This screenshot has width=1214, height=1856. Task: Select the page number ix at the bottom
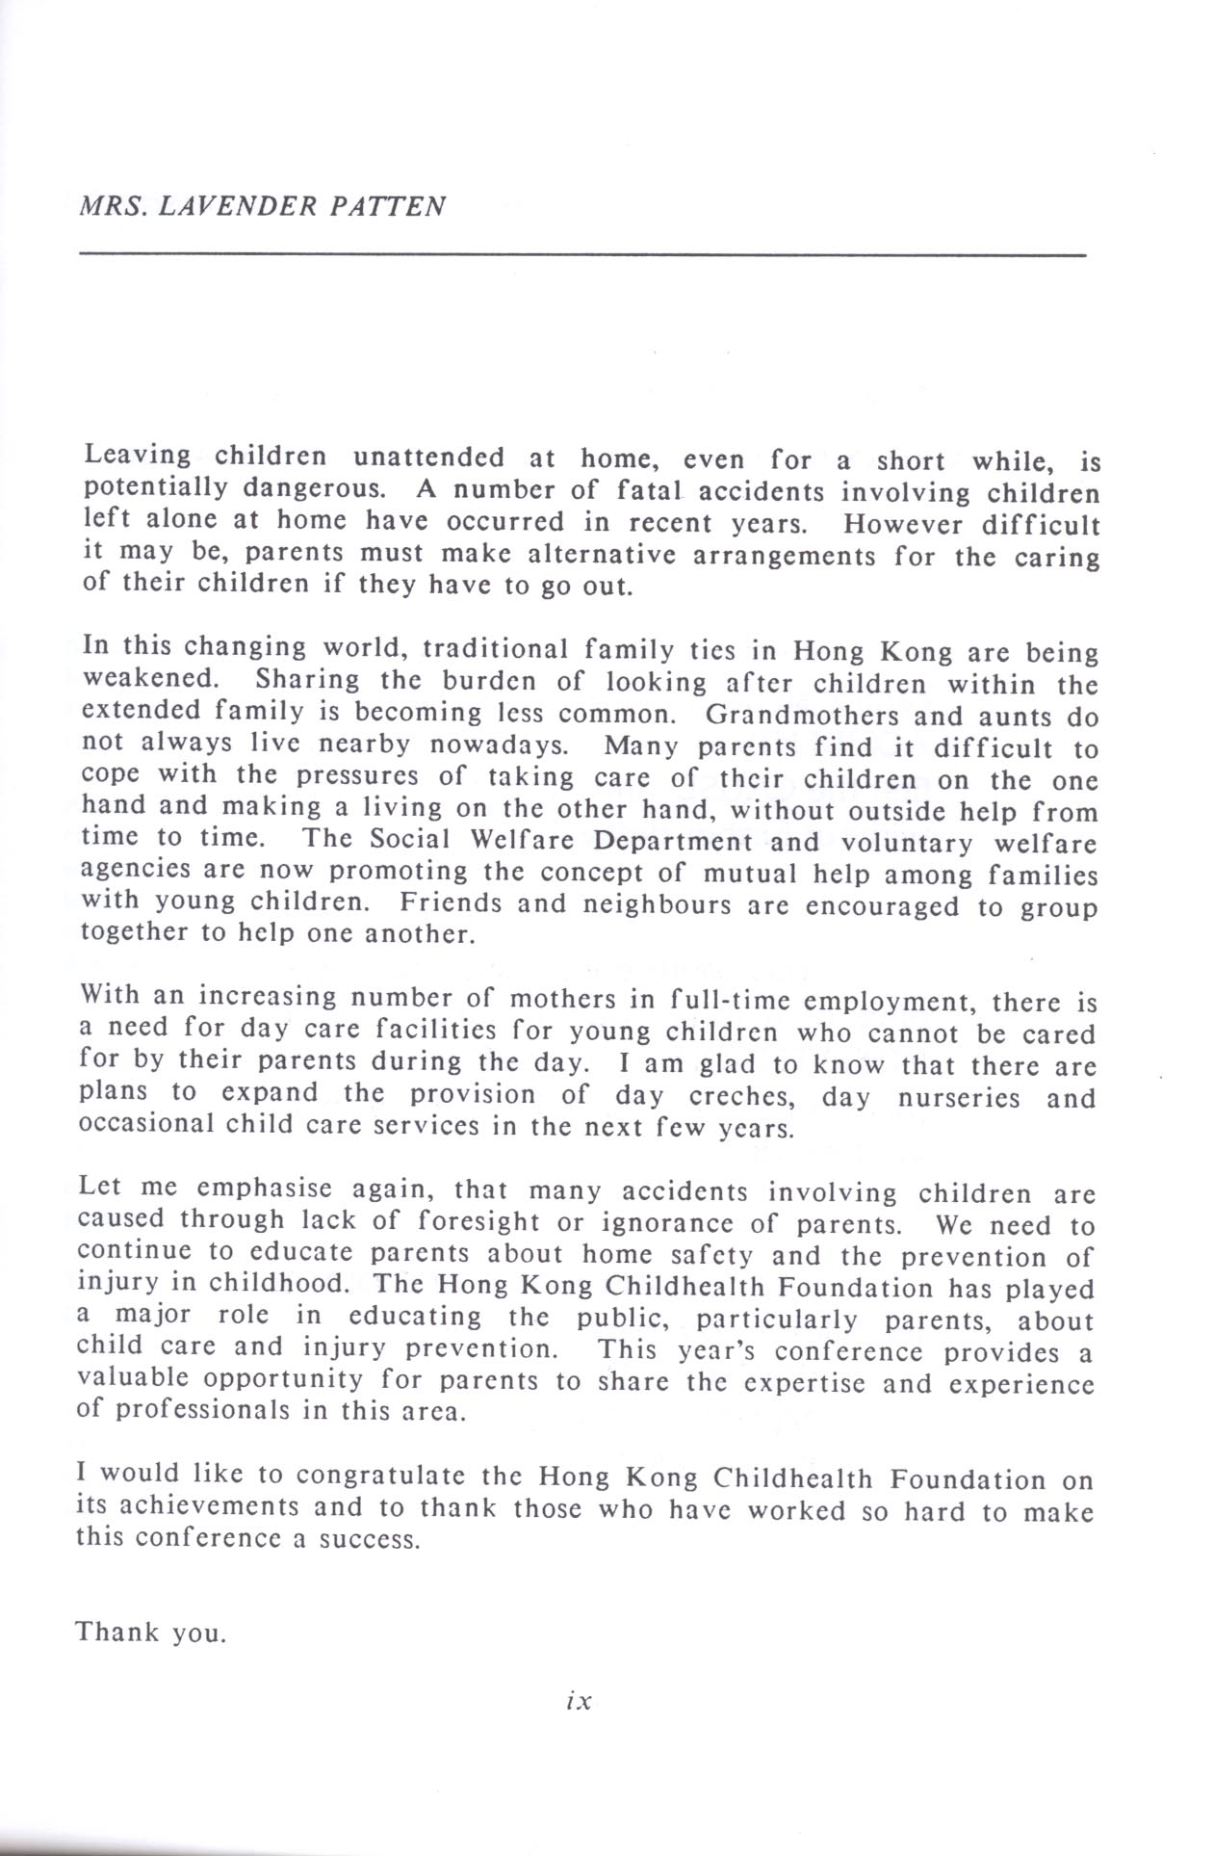click(579, 1702)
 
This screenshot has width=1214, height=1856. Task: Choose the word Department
click(672, 841)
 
